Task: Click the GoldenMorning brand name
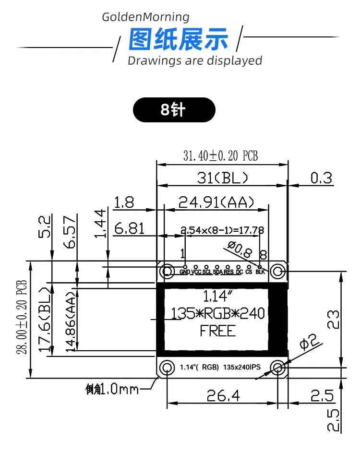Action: click(x=146, y=17)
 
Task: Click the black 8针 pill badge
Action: click(x=174, y=110)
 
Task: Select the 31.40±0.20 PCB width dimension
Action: click(x=221, y=156)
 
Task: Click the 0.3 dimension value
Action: click(x=321, y=178)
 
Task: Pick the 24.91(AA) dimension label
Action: click(x=216, y=202)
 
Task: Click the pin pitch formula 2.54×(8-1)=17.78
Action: click(x=222, y=230)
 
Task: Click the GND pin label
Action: click(x=185, y=272)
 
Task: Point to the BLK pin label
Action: click(x=260, y=272)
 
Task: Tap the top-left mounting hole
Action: click(x=168, y=271)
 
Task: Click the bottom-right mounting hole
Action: click(x=277, y=368)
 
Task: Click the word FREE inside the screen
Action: click(x=218, y=331)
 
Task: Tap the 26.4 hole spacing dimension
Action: click(x=224, y=395)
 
